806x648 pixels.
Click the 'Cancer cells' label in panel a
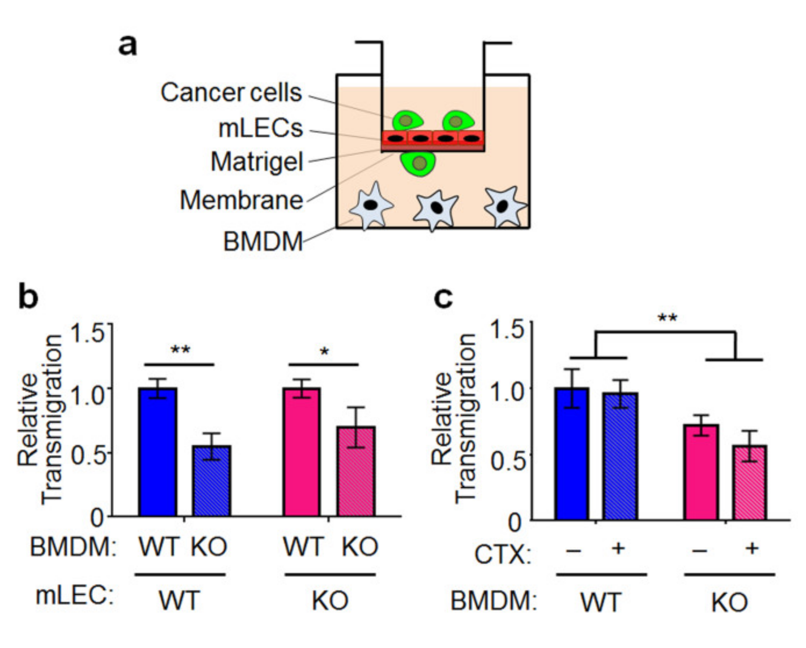(231, 93)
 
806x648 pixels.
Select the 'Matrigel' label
(256, 162)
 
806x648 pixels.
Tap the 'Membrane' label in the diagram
(241, 200)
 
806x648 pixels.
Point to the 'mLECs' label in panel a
(260, 128)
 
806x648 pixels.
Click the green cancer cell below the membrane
(418, 164)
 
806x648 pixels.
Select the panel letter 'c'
(443, 297)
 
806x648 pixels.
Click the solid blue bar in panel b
(158, 452)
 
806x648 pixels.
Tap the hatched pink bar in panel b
(356, 471)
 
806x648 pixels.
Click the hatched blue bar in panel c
(620, 456)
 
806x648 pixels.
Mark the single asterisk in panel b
(324, 352)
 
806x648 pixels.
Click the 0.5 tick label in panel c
(507, 461)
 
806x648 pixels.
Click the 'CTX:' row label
(503, 555)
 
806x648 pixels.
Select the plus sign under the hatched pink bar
(752, 548)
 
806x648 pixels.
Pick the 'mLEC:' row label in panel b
(75, 595)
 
